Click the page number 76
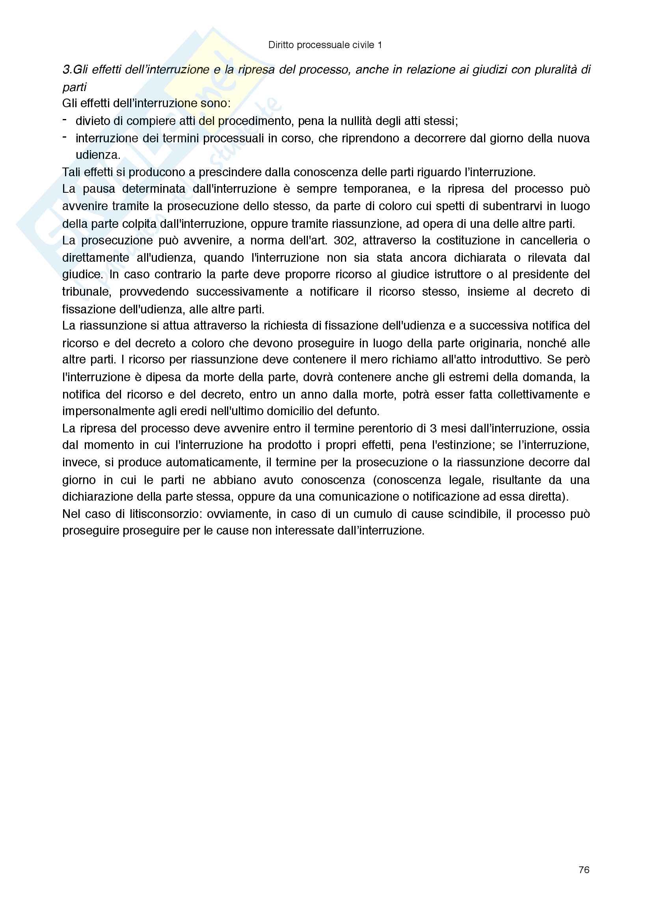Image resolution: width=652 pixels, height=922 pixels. point(584,870)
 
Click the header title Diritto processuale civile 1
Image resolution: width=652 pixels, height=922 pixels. point(325,45)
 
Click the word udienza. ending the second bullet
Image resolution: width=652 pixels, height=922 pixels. point(98,155)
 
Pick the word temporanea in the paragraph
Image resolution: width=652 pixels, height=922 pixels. point(377,189)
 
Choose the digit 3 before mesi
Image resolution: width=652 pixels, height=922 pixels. point(433,428)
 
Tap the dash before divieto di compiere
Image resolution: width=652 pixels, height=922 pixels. point(65,120)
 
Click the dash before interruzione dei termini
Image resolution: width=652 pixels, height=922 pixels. point(65,138)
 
